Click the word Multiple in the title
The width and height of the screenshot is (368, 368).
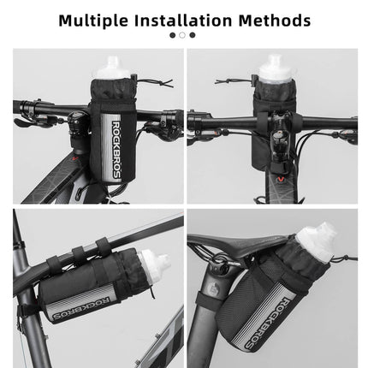[x=94, y=18]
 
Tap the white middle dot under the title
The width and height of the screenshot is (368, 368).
[x=182, y=35]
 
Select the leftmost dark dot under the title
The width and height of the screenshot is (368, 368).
[x=172, y=35]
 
